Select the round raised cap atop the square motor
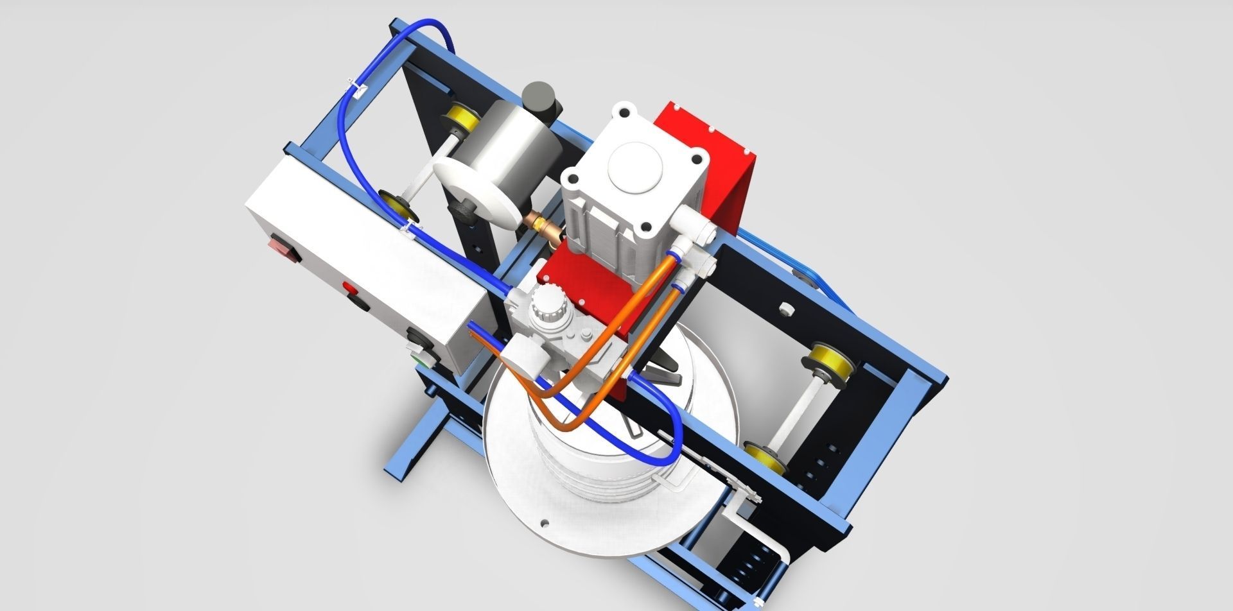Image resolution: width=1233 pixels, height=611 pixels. click(633, 164)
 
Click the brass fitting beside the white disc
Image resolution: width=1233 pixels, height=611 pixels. click(542, 223)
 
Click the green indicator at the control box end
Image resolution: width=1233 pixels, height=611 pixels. click(423, 360)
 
